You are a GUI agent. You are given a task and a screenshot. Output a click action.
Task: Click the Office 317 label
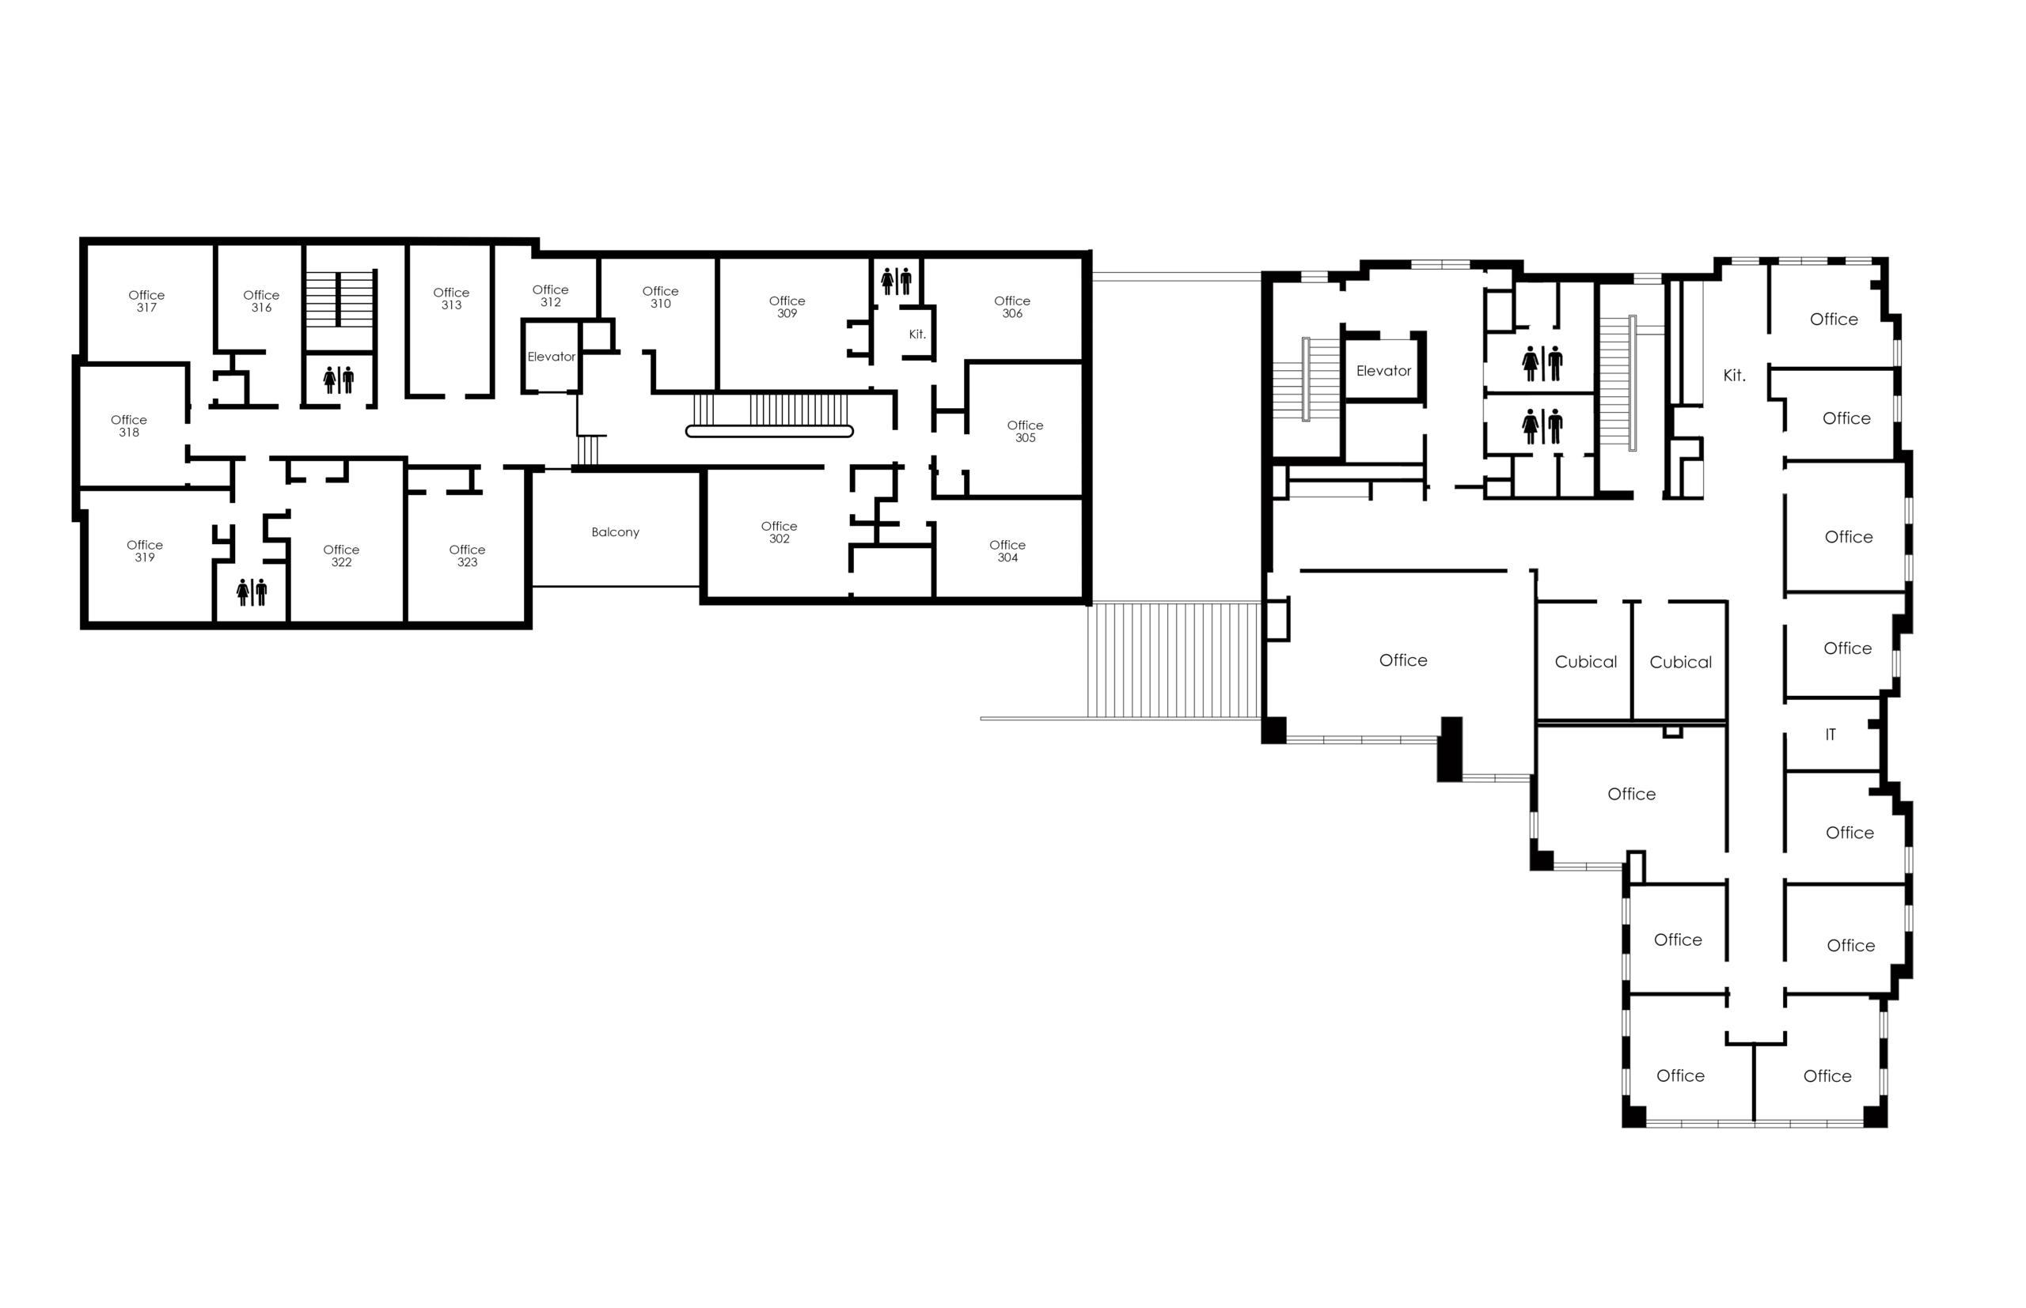pyautogui.click(x=146, y=301)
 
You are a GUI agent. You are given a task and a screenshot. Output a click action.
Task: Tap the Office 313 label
pyautogui.click(x=450, y=298)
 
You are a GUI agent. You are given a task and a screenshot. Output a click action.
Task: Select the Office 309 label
pyautogui.click(x=786, y=307)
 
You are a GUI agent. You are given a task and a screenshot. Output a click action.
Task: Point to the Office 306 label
pyautogui.click(x=1011, y=307)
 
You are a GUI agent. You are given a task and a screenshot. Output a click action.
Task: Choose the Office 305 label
pyautogui.click(x=1025, y=432)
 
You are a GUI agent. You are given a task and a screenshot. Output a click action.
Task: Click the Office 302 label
pyautogui.click(x=779, y=532)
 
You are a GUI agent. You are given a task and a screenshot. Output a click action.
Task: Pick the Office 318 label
pyautogui.click(x=128, y=425)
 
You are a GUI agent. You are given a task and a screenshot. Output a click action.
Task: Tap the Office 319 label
pyautogui.click(x=145, y=551)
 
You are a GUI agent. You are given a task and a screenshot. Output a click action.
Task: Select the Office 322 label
pyautogui.click(x=341, y=555)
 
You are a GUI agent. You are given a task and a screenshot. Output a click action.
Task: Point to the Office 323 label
pyautogui.click(x=467, y=555)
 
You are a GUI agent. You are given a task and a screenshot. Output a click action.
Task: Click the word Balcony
pyautogui.click(x=615, y=532)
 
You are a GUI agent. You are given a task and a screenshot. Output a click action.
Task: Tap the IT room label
pyautogui.click(x=1830, y=735)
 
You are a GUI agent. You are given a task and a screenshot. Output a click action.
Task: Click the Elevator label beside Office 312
pyautogui.click(x=551, y=357)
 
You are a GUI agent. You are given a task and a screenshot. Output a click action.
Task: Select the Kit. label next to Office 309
pyautogui.click(x=917, y=335)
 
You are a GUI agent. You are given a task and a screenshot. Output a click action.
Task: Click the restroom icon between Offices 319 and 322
pyautogui.click(x=252, y=592)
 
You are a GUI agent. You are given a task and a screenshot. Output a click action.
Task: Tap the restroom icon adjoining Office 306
pyautogui.click(x=896, y=282)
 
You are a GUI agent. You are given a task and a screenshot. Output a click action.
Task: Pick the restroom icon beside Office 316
pyautogui.click(x=338, y=380)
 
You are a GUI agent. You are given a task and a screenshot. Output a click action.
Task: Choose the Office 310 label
pyautogui.click(x=660, y=297)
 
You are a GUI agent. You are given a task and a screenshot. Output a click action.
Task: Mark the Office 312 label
pyautogui.click(x=550, y=296)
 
